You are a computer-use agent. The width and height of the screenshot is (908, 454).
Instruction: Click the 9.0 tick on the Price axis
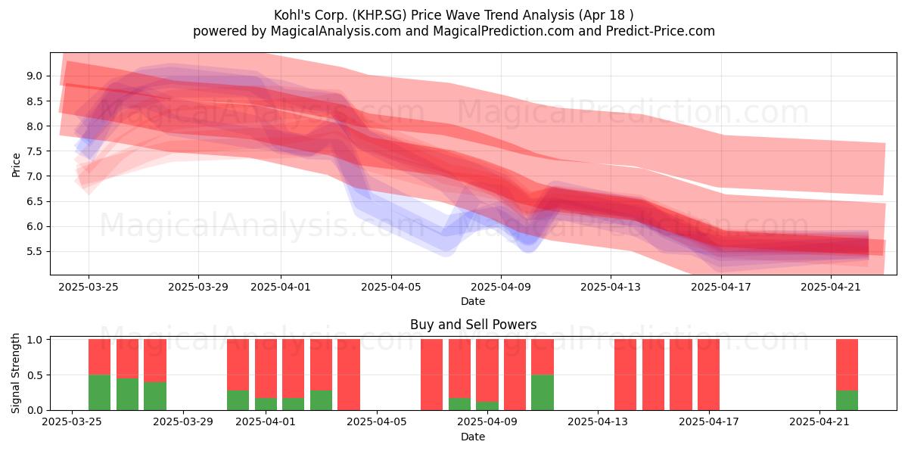(x=35, y=76)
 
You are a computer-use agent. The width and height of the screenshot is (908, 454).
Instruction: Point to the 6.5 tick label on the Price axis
(x=35, y=201)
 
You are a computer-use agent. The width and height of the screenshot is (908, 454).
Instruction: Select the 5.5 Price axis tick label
(x=35, y=252)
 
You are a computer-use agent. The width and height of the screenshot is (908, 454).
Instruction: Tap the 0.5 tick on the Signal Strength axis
(x=35, y=375)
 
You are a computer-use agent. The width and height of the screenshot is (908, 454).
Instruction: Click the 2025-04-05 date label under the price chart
(x=391, y=287)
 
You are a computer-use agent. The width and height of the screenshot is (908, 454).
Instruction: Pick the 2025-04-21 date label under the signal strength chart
(x=819, y=422)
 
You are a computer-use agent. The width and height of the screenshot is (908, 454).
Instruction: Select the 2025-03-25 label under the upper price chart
(x=89, y=287)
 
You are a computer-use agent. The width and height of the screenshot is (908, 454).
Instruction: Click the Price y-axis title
(x=16, y=165)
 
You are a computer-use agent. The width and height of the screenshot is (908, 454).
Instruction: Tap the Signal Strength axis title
(x=15, y=373)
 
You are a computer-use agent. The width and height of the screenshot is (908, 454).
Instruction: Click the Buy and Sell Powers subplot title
(x=473, y=325)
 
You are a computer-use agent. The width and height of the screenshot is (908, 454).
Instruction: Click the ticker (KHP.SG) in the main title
(x=379, y=15)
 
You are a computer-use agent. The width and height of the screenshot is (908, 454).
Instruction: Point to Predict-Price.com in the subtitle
(x=661, y=31)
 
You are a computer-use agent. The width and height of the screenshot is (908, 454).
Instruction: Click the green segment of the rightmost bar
(x=847, y=400)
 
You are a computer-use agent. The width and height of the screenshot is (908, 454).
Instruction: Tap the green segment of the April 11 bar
(x=543, y=393)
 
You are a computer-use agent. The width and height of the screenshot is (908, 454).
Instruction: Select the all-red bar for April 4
(x=349, y=375)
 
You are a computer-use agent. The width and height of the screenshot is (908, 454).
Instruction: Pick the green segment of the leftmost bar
(x=99, y=393)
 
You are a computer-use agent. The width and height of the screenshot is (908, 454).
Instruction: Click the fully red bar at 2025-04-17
(x=708, y=375)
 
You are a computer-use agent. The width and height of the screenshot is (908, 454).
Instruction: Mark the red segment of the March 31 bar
(x=238, y=365)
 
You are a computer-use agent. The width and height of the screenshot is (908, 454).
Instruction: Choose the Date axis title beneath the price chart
(x=473, y=301)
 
